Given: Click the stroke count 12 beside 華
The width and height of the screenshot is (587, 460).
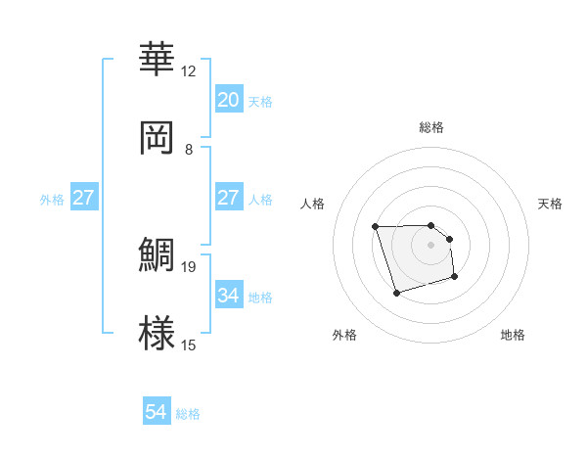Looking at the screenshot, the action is pos(188,71).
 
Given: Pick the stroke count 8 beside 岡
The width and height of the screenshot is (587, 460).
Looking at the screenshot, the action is pos(188,149).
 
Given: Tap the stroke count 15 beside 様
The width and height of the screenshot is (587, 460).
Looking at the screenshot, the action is pos(188,345).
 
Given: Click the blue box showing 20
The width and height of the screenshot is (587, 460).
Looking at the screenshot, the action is pos(228,100).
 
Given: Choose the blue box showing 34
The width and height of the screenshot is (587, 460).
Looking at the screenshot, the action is pos(228,296).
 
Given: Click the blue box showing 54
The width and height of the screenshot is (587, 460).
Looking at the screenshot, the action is pos(157,413).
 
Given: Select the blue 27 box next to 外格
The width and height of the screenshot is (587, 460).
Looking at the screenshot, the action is pos(84,199).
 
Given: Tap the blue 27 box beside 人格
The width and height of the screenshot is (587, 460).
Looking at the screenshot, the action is pos(228,199).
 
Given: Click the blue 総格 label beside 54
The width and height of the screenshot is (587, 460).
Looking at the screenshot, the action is pos(188,414).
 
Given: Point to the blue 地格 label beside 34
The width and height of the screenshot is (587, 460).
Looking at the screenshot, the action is pos(260,297).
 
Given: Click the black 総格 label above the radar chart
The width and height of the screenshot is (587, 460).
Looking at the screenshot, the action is pos(430,127).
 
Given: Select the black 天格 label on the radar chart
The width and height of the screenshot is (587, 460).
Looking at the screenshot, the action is pos(550,204).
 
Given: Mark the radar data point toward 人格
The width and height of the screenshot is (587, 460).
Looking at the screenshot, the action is pos(376,227).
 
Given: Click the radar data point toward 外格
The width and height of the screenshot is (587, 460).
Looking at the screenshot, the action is pos(395,293).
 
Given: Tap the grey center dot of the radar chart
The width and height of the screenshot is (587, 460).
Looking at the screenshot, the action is pos(430,244).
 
